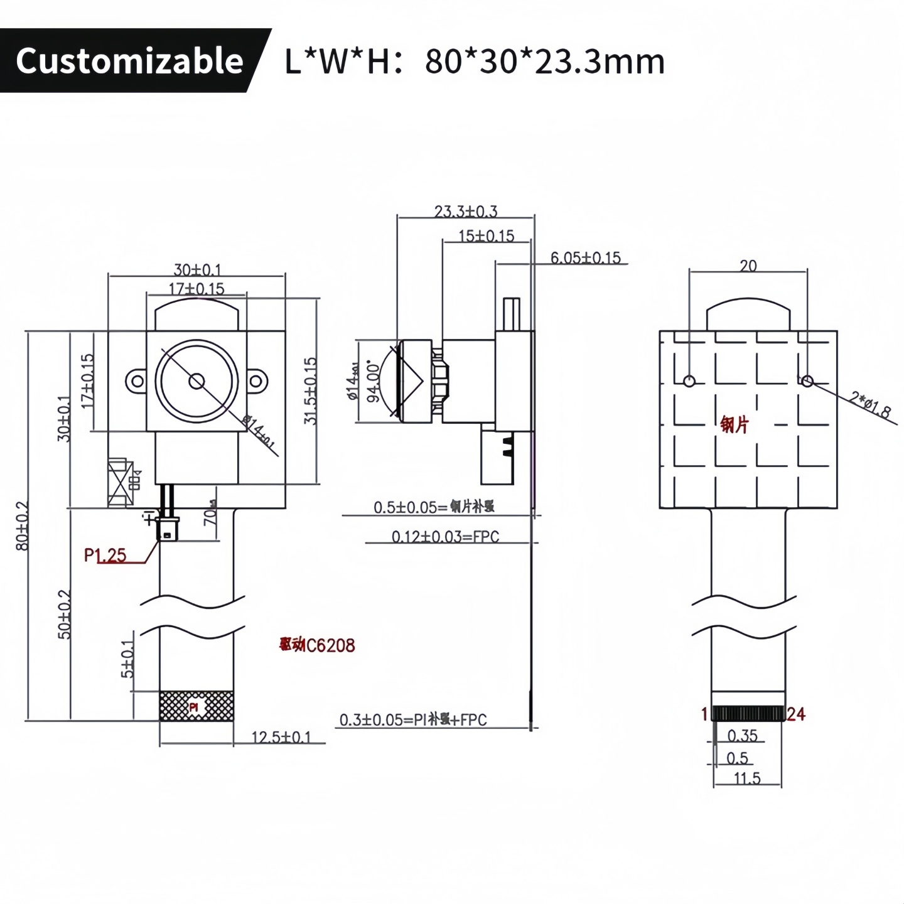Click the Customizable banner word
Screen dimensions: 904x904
pos(129,61)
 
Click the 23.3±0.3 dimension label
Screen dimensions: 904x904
pos(465,211)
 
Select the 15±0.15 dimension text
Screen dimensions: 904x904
pos(486,236)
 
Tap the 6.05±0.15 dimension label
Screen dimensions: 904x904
pos(585,257)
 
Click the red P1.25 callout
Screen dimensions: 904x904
pos(105,555)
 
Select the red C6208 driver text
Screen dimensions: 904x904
pos(318,645)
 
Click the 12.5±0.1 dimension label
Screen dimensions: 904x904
pos(281,737)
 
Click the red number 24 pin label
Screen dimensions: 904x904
pos(795,714)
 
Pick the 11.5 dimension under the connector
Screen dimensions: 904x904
pos(747,778)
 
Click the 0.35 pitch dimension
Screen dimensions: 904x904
pos(742,735)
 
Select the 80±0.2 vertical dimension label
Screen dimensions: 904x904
pos(22,525)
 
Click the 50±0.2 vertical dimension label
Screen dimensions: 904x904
pos(65,614)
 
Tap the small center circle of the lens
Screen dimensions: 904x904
pos(196,380)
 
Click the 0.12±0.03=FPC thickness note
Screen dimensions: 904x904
pos(445,537)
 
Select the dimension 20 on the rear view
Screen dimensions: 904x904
pos(748,266)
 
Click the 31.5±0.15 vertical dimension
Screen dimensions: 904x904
pos(311,390)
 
